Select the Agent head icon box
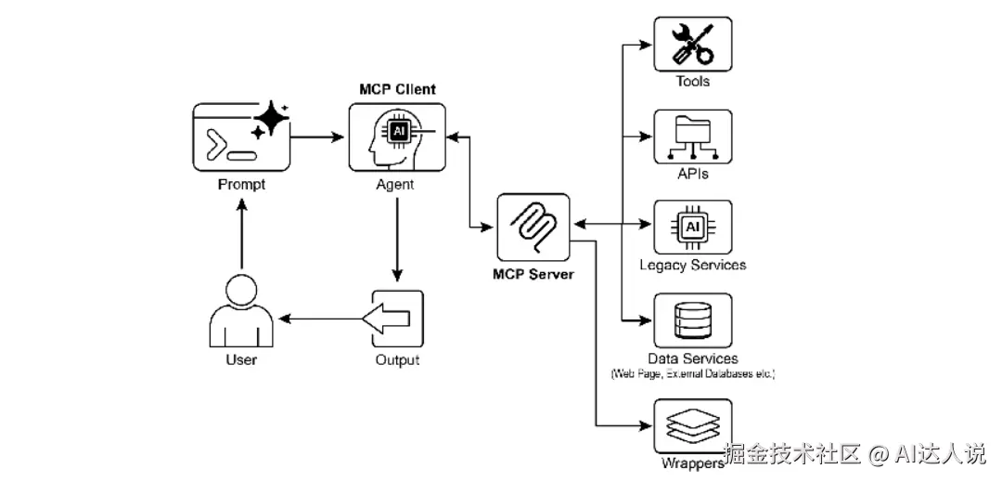point(396,137)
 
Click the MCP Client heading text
point(397,89)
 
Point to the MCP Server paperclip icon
point(533,228)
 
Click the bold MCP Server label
point(533,274)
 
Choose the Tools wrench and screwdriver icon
point(692,44)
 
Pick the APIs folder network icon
point(692,137)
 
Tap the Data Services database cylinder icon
point(692,320)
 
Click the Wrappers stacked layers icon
point(692,426)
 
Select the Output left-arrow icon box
point(397,319)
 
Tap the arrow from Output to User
point(321,319)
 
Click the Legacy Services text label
point(692,266)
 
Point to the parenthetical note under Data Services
point(692,374)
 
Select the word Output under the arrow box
point(397,360)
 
